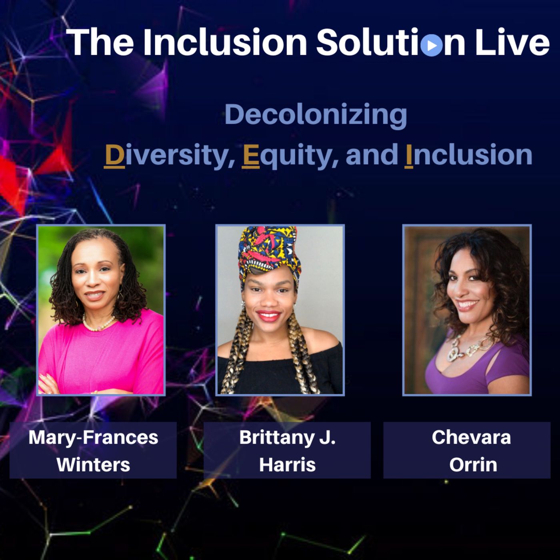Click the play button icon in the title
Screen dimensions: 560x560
431,45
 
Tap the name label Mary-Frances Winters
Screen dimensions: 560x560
93,450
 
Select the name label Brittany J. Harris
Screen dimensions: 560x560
287,450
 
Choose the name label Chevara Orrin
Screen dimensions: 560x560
467,450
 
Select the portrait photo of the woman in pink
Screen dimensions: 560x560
101,310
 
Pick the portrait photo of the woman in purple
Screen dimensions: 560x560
467,310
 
